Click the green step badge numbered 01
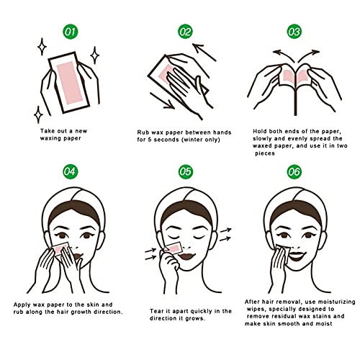(x=70, y=32)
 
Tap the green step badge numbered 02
(x=186, y=32)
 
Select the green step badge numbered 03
(x=294, y=32)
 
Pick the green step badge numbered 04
(x=70, y=171)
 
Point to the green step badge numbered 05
(x=186, y=171)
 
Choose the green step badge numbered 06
(x=294, y=171)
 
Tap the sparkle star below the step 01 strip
(x=38, y=114)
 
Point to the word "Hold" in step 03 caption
(x=262, y=131)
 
